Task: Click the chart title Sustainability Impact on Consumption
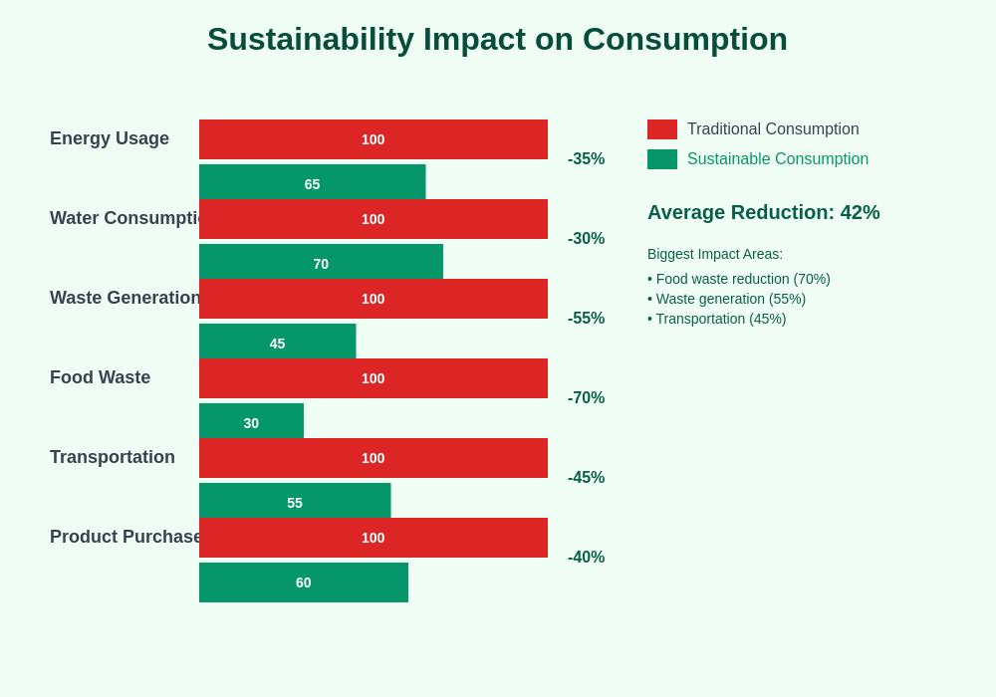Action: (x=497, y=39)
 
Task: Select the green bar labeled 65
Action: (x=312, y=182)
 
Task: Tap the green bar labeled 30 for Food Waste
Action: (x=251, y=421)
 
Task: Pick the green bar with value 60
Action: (x=304, y=582)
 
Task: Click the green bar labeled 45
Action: (x=277, y=342)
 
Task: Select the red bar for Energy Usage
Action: (x=373, y=139)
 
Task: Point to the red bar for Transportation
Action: (x=373, y=458)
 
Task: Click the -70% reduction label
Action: (x=586, y=398)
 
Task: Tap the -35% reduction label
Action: (x=586, y=159)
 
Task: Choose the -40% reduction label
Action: (x=586, y=558)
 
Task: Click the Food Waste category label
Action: (x=100, y=377)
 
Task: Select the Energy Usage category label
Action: (x=110, y=138)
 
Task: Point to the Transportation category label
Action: (x=113, y=457)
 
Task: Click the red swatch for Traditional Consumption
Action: (x=662, y=129)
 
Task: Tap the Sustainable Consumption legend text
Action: (x=777, y=159)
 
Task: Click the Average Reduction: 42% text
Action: (x=763, y=212)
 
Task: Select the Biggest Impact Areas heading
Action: (x=715, y=254)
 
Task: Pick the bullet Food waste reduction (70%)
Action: (x=739, y=279)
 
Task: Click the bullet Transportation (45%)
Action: (x=717, y=319)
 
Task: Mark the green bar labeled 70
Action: (x=321, y=262)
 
